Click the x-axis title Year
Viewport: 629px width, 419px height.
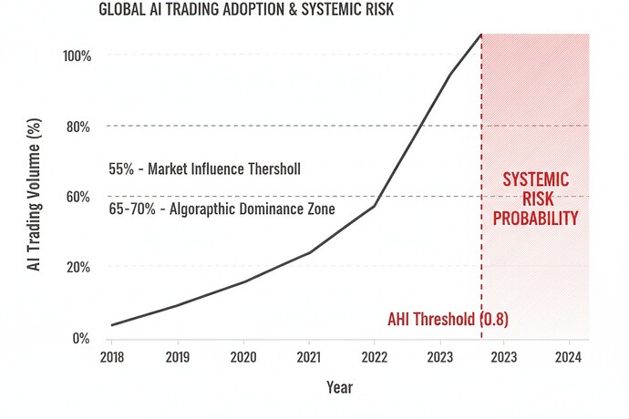pos(339,387)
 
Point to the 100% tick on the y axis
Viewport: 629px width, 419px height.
pos(77,56)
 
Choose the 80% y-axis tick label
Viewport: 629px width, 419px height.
pos(78,127)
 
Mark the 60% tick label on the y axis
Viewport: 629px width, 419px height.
pos(78,197)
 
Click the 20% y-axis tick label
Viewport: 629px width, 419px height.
pos(78,268)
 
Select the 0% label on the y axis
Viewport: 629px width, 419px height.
pos(82,338)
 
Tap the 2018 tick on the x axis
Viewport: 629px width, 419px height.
pos(112,356)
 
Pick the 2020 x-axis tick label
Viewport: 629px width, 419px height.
pos(242,356)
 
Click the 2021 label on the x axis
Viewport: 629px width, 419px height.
pos(308,356)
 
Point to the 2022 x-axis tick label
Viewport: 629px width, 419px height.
pos(374,356)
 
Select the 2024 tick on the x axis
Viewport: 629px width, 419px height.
pos(569,356)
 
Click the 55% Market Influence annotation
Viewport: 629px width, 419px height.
pos(204,169)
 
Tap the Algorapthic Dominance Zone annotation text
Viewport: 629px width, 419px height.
pos(222,209)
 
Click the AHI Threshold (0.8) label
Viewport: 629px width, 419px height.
pos(447,320)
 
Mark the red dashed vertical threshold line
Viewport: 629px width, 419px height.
pos(481,255)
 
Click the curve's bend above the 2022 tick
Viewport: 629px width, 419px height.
pos(374,207)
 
